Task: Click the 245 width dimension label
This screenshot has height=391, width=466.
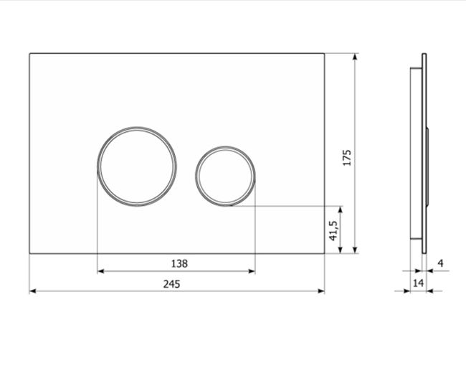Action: [x=171, y=284]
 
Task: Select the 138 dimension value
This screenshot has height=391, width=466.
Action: [x=179, y=263]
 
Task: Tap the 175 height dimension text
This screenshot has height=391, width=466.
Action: [x=347, y=158]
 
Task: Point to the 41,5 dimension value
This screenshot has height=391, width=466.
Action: [x=333, y=231]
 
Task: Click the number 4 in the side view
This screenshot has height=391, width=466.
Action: [x=441, y=263]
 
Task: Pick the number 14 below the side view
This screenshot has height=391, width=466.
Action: [x=418, y=283]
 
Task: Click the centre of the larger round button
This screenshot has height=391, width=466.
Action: [x=138, y=166]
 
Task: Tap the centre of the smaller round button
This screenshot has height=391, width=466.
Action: [x=225, y=176]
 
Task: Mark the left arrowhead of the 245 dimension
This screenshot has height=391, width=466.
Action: [x=33, y=291]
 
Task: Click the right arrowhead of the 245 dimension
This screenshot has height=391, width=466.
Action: [x=321, y=291]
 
